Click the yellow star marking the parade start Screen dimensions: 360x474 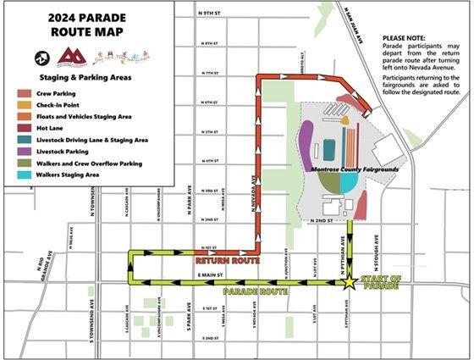pyautogui.click(x=349, y=282)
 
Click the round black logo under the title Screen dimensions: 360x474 pyautogui.click(x=40, y=58)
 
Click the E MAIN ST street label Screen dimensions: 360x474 pyautogui.click(x=208, y=275)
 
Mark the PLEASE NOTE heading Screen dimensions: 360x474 pyautogui.click(x=406, y=39)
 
